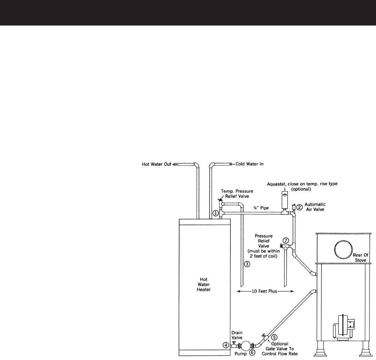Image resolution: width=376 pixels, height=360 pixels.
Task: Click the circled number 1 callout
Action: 216,213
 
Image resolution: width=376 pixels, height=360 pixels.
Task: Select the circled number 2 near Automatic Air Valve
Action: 299,207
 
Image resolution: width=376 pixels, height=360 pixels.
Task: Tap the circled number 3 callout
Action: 247,264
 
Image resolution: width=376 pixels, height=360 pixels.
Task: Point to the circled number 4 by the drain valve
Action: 226,346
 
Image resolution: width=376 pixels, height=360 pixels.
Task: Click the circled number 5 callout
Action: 275,337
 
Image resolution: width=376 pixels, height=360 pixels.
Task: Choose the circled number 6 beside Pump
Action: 252,352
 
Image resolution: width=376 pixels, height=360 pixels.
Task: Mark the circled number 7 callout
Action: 286,240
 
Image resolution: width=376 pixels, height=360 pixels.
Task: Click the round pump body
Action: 246,346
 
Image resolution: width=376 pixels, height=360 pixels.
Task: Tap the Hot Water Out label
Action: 157,164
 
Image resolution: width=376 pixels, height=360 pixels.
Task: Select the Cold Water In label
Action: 249,164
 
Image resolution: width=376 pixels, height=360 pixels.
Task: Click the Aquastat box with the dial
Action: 285,200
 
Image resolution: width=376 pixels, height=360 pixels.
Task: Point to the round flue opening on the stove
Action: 343,249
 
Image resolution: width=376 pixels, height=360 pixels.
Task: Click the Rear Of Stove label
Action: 360,258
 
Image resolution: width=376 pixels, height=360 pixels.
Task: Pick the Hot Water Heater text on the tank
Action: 204,284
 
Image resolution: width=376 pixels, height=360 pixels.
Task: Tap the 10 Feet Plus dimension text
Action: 264,291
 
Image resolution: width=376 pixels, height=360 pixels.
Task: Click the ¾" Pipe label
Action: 261,208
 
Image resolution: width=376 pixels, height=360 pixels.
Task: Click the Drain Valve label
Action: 237,335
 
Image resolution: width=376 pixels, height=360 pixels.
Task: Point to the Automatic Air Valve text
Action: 315,207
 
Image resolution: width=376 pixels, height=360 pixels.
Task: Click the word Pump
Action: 241,354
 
